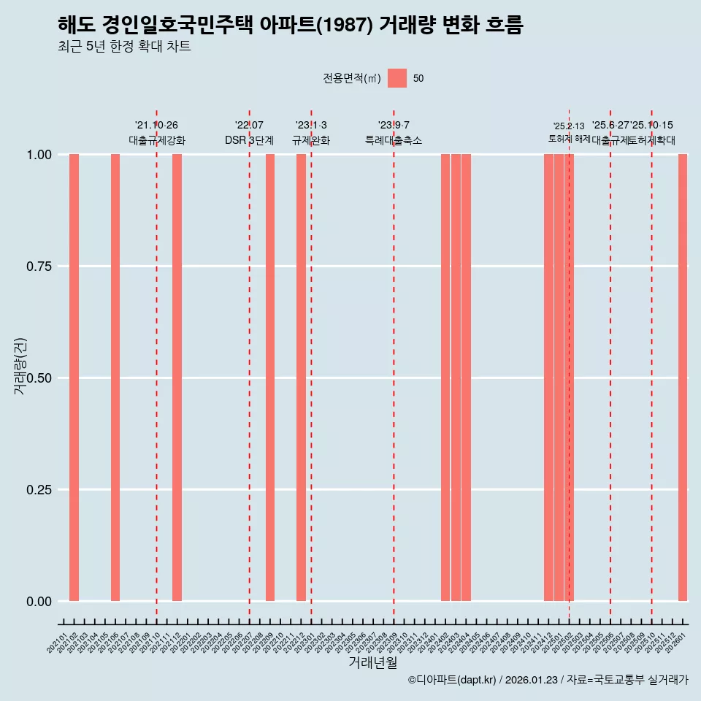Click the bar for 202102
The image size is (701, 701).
[74, 378]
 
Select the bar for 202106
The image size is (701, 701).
[115, 378]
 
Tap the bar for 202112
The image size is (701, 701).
[177, 378]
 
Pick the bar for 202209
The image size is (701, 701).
[270, 378]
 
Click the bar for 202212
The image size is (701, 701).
[301, 378]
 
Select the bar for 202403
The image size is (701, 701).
[456, 378]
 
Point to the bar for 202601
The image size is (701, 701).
[683, 378]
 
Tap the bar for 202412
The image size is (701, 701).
[548, 378]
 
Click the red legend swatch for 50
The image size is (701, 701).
[397, 78]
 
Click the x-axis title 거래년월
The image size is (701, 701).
[372, 662]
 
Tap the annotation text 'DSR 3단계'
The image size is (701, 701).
[249, 140]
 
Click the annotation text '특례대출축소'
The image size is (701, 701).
[394, 140]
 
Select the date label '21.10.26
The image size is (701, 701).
[156, 125]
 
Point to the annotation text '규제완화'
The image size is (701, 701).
[311, 140]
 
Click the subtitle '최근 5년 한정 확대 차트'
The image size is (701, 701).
[124, 47]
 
